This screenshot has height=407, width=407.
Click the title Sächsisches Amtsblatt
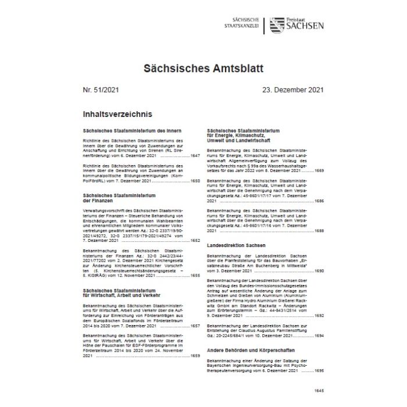(x=203, y=68)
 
